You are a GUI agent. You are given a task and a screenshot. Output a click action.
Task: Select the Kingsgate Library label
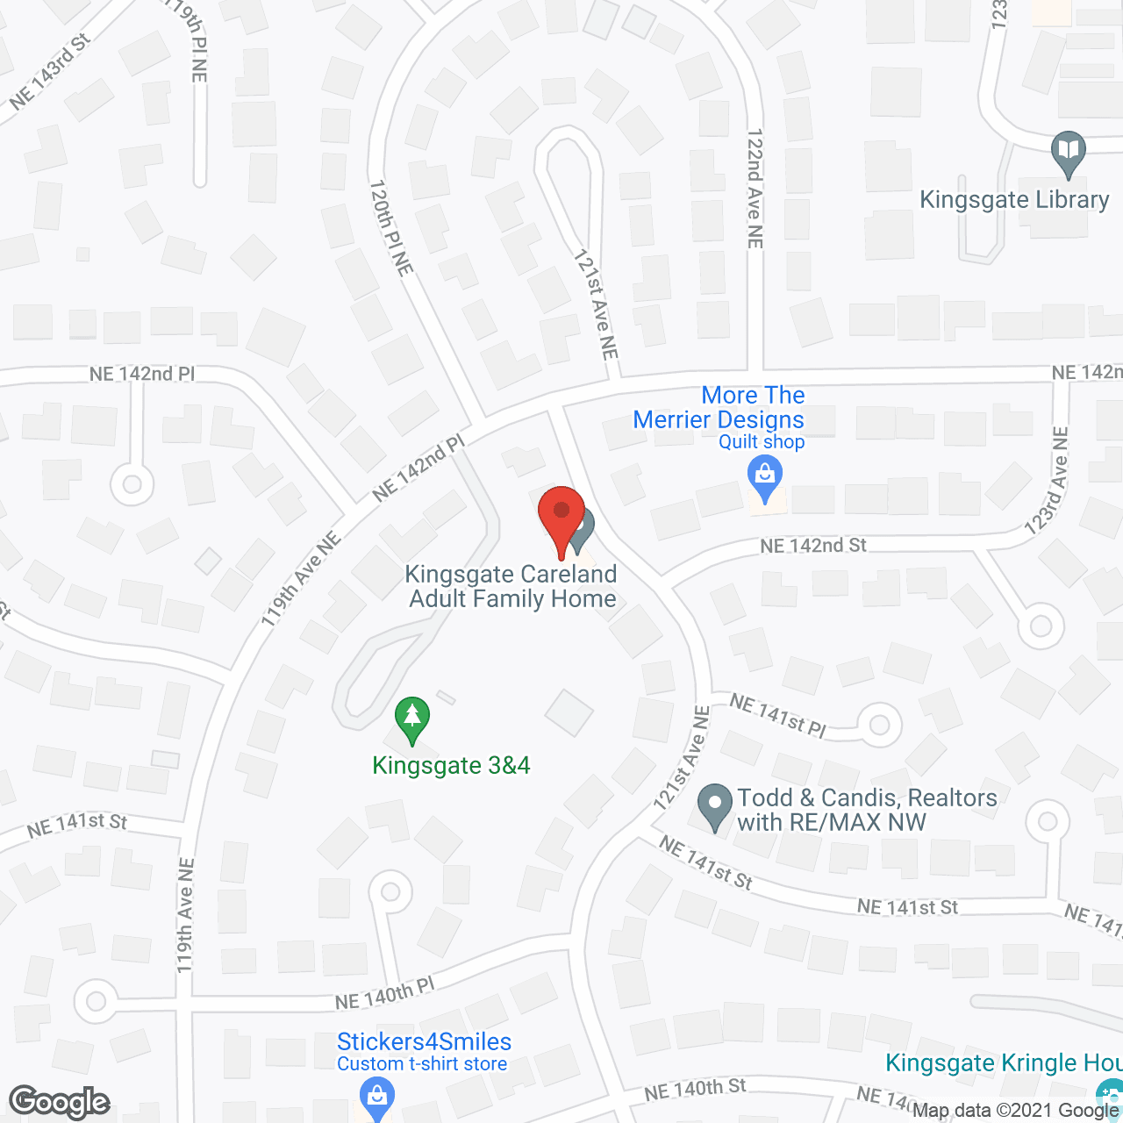pos(1014,200)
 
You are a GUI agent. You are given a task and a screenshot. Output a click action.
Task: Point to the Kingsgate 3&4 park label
pos(451,766)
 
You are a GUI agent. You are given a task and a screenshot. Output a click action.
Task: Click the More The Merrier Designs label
pos(719,408)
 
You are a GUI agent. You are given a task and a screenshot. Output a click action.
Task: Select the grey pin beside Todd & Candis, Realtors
pos(715,805)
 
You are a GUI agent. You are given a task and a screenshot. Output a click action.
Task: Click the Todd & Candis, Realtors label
pos(867,810)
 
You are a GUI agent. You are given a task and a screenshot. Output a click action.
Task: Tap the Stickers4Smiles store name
pos(424,1042)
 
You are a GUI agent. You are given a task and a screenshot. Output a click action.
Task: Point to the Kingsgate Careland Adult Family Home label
pos(512,587)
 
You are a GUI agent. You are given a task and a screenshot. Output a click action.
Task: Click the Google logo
pos(60,1102)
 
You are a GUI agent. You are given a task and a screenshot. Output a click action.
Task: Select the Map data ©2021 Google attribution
pos(1015,1111)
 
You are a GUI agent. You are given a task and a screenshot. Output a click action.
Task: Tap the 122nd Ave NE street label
pos(755,189)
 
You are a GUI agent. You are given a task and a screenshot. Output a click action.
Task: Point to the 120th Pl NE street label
pos(391,228)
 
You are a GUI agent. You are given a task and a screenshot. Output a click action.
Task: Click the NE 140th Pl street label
pos(385,994)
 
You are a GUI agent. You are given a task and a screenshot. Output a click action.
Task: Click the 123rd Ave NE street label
pos(1048,482)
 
